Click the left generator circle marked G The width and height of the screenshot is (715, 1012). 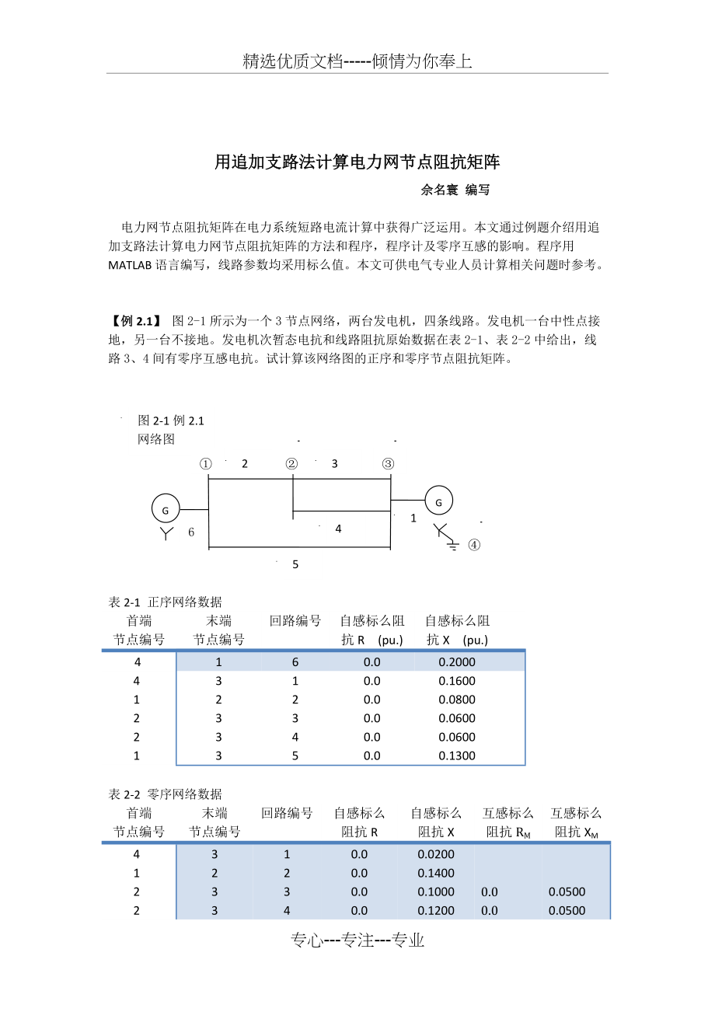coord(165,510)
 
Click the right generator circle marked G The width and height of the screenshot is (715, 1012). coord(438,502)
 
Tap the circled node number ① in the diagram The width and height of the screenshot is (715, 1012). coord(205,464)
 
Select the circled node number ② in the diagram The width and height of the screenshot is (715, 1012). coord(291,464)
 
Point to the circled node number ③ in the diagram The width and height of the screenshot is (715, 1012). coord(388,464)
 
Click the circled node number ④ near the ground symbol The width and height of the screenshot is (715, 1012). coord(474,546)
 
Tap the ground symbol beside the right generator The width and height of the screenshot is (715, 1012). coord(454,546)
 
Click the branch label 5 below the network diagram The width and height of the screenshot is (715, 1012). coord(295,564)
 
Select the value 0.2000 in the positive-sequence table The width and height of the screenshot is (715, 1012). coord(457,662)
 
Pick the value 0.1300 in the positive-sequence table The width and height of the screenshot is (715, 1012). coord(457,756)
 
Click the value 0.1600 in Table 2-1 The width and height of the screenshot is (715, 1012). coord(457,681)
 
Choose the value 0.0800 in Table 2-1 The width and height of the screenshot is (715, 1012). coord(457,700)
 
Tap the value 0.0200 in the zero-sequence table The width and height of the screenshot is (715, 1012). coord(436,854)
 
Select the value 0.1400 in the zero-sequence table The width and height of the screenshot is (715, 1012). coord(436,873)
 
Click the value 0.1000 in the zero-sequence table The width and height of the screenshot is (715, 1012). coord(436,892)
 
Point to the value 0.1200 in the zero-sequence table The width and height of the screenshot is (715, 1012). coord(436,910)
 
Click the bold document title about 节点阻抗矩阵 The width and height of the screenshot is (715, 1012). coord(357,162)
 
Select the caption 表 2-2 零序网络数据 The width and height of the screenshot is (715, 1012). coord(165,794)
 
